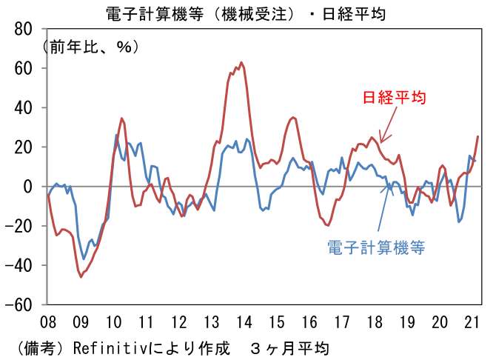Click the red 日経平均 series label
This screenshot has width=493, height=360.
tap(394, 98)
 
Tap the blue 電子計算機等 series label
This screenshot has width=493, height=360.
tap(376, 247)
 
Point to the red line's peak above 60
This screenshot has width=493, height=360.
tap(241, 63)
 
